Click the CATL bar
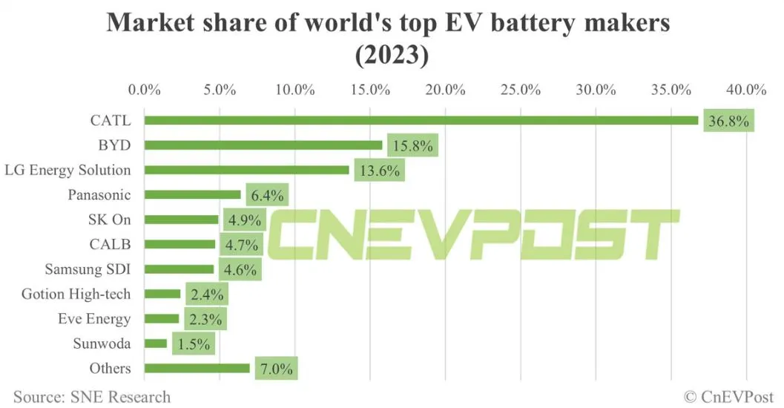[x=421, y=120]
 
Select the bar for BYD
[x=263, y=145]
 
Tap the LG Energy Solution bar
[x=247, y=170]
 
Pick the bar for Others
[x=197, y=368]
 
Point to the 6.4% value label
[x=267, y=195]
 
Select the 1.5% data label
[x=194, y=343]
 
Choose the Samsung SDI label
[x=88, y=269]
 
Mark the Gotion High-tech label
[x=76, y=295]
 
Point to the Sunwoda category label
[x=102, y=343]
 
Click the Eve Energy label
[x=94, y=319]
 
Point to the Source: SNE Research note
[x=92, y=397]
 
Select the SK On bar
[x=182, y=220]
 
